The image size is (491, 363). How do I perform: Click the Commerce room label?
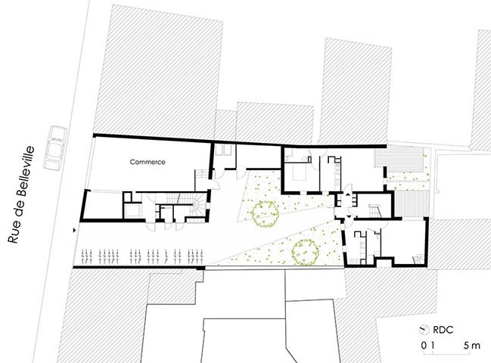pyautogui.click(x=148, y=162)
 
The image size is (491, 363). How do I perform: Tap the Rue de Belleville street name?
pyautogui.click(x=21, y=194)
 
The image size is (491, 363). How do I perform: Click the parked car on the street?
pyautogui.click(x=55, y=147)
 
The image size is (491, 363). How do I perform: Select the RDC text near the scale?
pyautogui.click(x=443, y=330)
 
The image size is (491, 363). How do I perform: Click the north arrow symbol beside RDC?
pyautogui.click(x=424, y=330)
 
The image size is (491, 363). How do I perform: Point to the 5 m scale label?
pyautogui.click(x=472, y=346)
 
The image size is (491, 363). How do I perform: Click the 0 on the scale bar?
pyautogui.click(x=424, y=346)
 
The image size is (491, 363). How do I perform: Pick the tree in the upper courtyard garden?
pyautogui.click(x=265, y=214)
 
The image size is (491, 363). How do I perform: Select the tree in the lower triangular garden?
pyautogui.click(x=306, y=253)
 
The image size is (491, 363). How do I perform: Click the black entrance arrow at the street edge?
pyautogui.click(x=75, y=231)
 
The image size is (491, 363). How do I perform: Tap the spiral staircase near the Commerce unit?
pyautogui.click(x=198, y=205)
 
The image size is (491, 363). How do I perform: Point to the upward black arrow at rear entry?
pyautogui.click(x=347, y=194)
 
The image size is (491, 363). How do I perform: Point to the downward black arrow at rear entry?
pyautogui.click(x=349, y=216)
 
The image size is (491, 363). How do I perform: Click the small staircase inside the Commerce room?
pyautogui.click(x=202, y=174)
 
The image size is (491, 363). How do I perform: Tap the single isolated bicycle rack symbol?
pyautogui.click(x=166, y=256)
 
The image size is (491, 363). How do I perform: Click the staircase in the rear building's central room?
pyautogui.click(x=375, y=210)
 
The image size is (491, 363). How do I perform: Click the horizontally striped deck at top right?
pyautogui.click(x=399, y=158)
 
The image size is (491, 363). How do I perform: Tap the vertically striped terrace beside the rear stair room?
pyautogui.click(x=412, y=203)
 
